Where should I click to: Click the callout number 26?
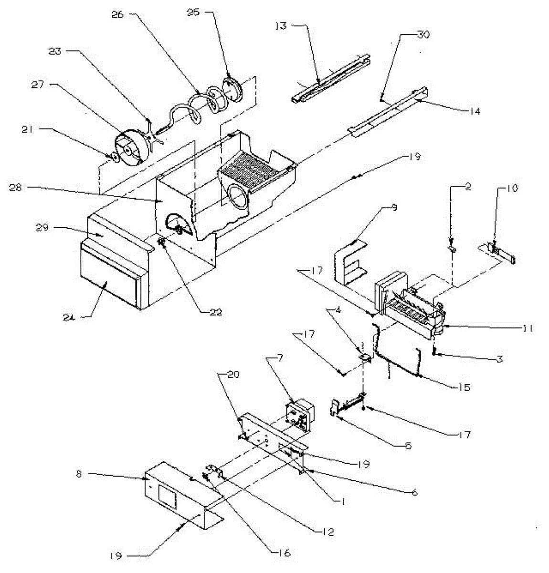pos(117,14)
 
